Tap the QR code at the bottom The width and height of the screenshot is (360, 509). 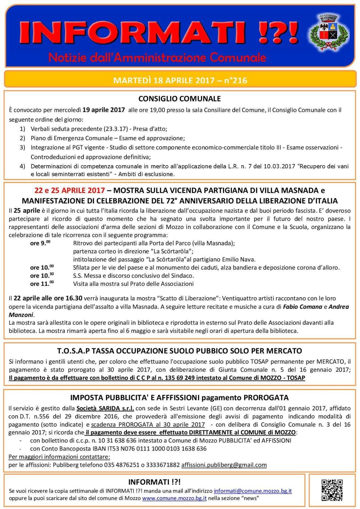tap(332, 490)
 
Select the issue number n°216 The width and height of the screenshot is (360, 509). tap(236, 80)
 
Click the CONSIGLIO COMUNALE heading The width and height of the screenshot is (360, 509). tap(179, 99)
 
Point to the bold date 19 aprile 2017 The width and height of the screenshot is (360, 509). tap(104, 110)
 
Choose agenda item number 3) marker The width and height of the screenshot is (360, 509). tap(22, 147)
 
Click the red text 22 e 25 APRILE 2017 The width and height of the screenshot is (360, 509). tap(69, 190)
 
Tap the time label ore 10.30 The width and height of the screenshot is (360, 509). tap(42, 275)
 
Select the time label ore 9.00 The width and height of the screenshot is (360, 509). tap(40, 243)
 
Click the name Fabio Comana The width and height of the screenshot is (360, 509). tap(302, 307)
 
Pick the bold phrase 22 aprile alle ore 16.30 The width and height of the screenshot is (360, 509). tap(48, 298)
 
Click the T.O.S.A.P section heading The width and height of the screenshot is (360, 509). tap(179, 351)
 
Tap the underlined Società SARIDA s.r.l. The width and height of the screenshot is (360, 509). tap(105, 408)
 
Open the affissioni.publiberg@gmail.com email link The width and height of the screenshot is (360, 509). tap(224, 465)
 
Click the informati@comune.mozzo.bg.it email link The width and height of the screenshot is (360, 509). tap(253, 491)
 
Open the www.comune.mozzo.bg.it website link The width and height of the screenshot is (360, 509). tap(174, 498)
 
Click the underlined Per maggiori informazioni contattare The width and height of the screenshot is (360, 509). tap(59, 457)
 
